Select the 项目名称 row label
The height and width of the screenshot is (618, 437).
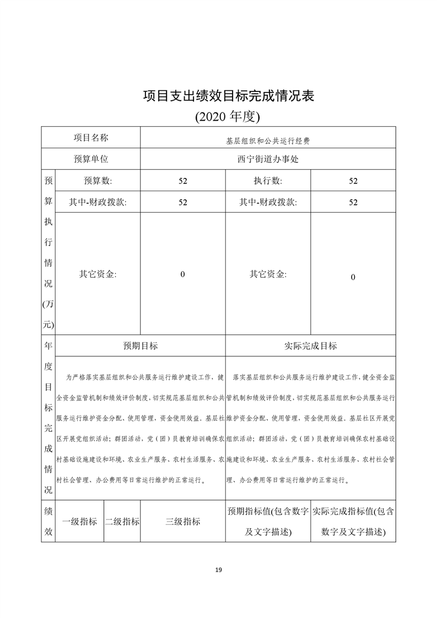[x=91, y=137]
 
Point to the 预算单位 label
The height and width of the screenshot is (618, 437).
[x=91, y=159]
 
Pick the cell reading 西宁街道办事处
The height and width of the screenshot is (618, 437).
[x=268, y=159]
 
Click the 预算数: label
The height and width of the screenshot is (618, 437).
[x=98, y=181]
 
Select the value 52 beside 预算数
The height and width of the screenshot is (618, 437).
[x=183, y=181]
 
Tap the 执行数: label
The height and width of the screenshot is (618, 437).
[x=268, y=181]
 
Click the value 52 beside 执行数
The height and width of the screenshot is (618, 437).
[x=353, y=181]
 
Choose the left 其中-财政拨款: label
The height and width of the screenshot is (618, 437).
[x=98, y=202]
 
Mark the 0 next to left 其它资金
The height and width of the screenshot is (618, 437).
[x=183, y=274]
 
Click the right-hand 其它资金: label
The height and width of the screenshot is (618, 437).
[x=268, y=274]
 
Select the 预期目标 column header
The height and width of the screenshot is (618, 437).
[x=140, y=346]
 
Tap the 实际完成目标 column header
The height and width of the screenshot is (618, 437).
[x=310, y=346]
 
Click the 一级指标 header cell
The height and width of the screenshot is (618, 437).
[x=80, y=522]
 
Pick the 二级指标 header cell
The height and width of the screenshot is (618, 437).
[x=122, y=522]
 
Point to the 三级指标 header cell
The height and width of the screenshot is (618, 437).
[x=183, y=522]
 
